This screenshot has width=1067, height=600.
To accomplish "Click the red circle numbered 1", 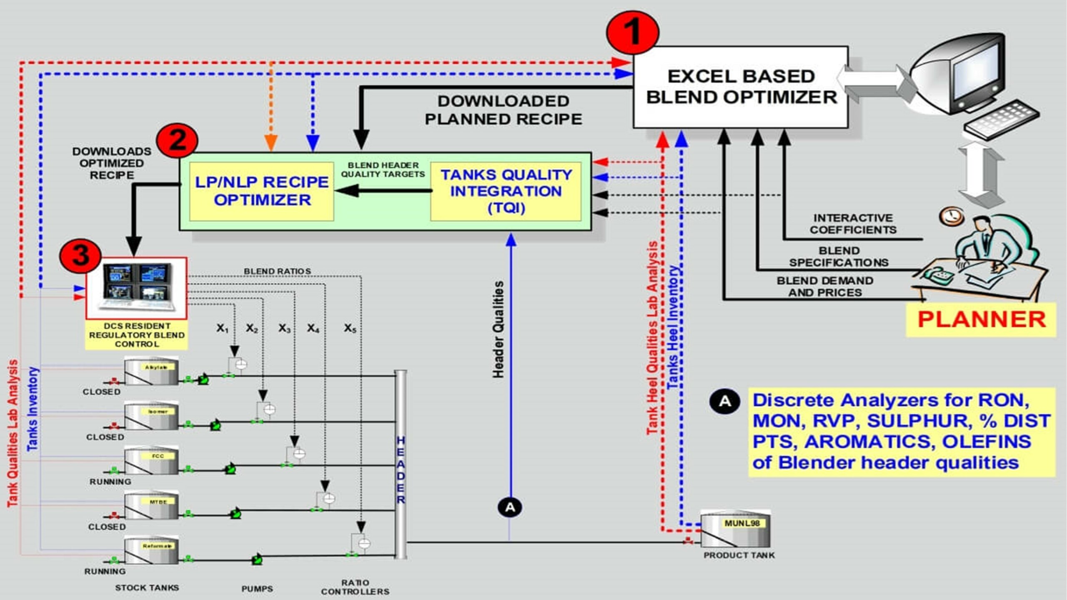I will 632,32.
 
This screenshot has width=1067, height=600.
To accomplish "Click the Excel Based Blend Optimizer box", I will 741,87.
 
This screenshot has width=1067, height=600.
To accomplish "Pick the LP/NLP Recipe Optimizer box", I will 261,191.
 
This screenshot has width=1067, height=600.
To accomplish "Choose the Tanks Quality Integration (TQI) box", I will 506,191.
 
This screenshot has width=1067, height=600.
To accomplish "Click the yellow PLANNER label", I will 981,320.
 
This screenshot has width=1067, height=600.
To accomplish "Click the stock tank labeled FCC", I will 152,461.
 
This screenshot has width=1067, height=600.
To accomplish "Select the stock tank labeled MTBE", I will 152,506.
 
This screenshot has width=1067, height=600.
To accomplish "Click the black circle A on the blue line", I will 510,507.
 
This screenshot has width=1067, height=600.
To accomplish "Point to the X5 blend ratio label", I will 350,328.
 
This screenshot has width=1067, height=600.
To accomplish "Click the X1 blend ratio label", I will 222,328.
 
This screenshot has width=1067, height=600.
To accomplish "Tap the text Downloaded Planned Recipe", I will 503,110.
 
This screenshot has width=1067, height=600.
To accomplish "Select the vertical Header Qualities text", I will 498,329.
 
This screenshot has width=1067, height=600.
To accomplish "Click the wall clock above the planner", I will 952,216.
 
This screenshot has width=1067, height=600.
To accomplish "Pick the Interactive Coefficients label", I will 853,224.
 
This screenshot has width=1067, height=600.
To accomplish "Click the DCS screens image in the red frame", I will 136,287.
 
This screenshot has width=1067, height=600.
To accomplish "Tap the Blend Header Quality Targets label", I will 383,170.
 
